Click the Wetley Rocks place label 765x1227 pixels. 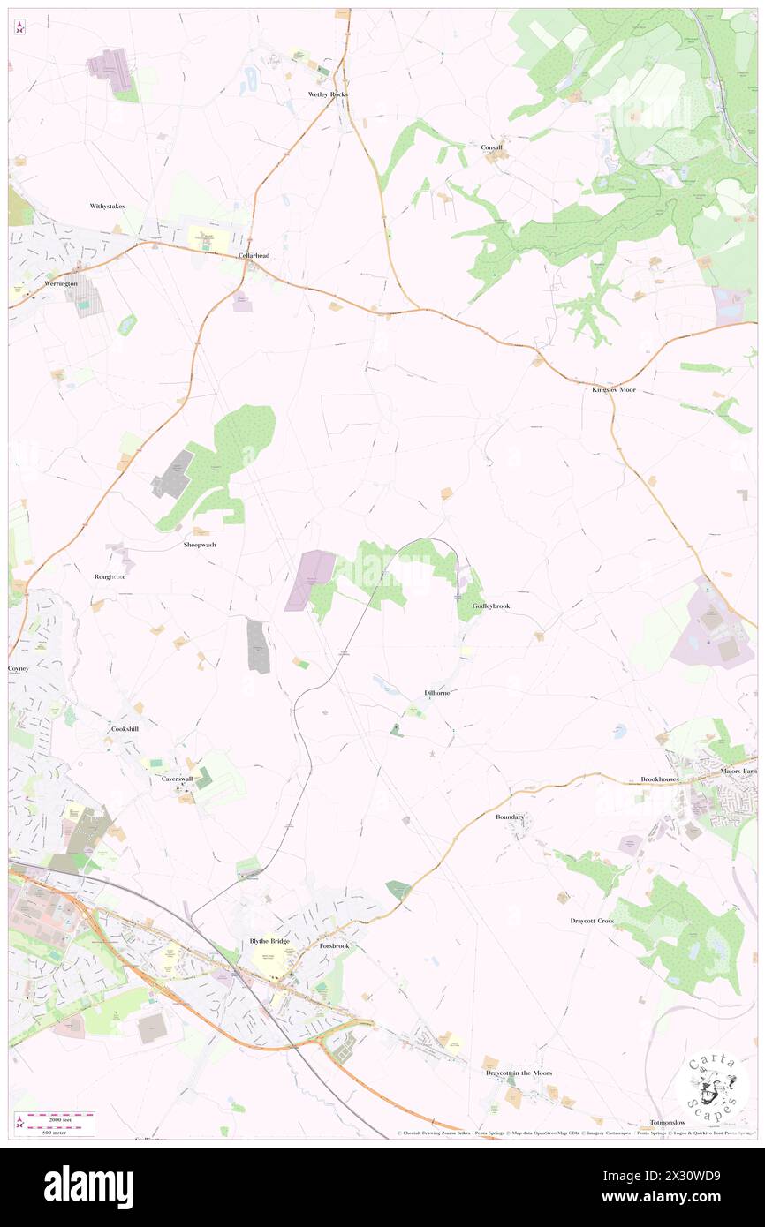[x=328, y=94]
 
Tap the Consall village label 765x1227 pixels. [x=491, y=147]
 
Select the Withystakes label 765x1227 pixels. [x=108, y=207]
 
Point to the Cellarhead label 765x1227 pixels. [x=254, y=256]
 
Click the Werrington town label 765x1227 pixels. [x=61, y=284]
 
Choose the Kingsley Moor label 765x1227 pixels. [x=614, y=389]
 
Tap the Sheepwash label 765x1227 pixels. [x=200, y=545]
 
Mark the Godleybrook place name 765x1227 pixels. [x=491, y=606]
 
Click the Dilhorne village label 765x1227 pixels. [x=436, y=693]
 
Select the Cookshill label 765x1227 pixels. [x=125, y=729]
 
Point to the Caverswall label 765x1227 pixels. [x=178, y=779]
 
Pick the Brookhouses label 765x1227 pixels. [x=662, y=780]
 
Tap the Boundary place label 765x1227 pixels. [x=510, y=817]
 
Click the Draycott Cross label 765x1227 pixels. [x=592, y=921]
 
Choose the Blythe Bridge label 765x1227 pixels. [x=269, y=941]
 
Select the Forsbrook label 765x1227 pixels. [x=335, y=945]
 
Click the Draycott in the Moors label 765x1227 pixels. [x=519, y=1073]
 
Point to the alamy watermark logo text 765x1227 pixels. [x=88, y=1187]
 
